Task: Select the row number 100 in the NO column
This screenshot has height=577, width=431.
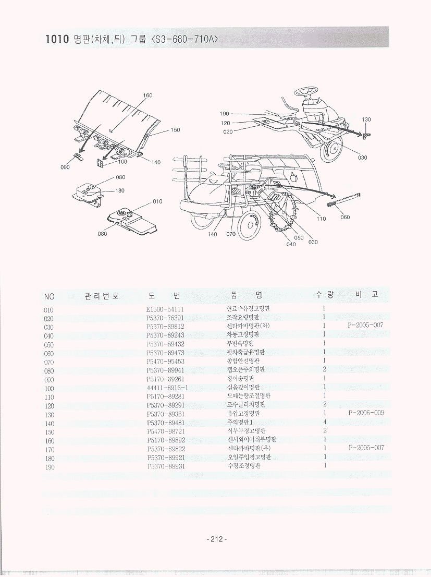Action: click(x=49, y=388)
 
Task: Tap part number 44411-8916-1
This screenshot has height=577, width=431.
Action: click(x=167, y=388)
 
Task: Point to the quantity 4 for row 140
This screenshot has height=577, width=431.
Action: click(x=324, y=422)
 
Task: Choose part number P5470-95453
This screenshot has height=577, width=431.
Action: click(x=165, y=361)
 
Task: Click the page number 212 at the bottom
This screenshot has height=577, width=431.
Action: click(x=215, y=539)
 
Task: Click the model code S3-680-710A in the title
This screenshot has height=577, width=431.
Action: click(x=184, y=40)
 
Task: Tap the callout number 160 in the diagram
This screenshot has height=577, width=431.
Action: click(x=147, y=95)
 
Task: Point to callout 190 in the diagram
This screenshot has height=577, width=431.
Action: click(x=225, y=114)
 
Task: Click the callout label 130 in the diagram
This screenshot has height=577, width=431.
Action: click(x=366, y=119)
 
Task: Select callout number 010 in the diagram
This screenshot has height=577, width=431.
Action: click(x=157, y=201)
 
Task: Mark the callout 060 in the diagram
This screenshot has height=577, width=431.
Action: click(x=345, y=217)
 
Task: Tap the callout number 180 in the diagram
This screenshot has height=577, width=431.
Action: click(x=119, y=190)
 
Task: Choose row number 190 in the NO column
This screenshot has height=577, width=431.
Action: click(x=49, y=466)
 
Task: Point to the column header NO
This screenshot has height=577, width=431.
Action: click(x=49, y=296)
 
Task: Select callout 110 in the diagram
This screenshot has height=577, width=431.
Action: click(x=321, y=219)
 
